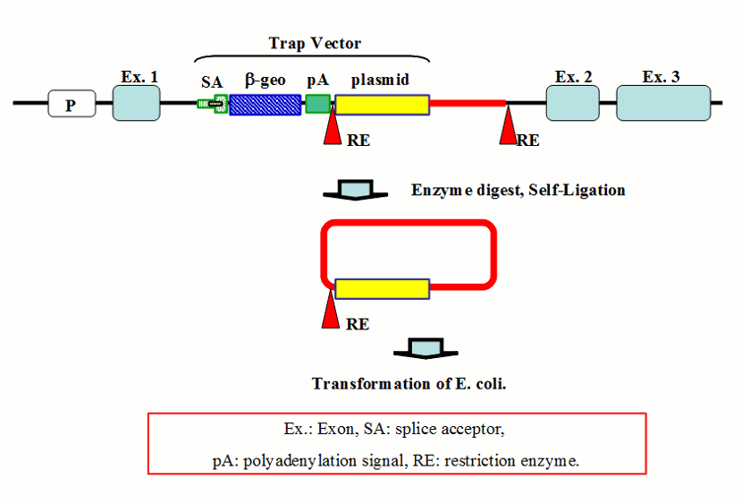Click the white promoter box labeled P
point(71,104)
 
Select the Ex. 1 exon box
point(136,103)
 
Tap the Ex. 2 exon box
point(573,103)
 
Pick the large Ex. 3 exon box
point(662,103)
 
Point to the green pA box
point(317,104)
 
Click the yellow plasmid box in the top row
point(382,104)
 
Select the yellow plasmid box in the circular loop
point(382,288)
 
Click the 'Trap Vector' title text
point(315,43)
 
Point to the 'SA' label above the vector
point(212,81)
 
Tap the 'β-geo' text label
point(265,80)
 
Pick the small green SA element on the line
point(212,104)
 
